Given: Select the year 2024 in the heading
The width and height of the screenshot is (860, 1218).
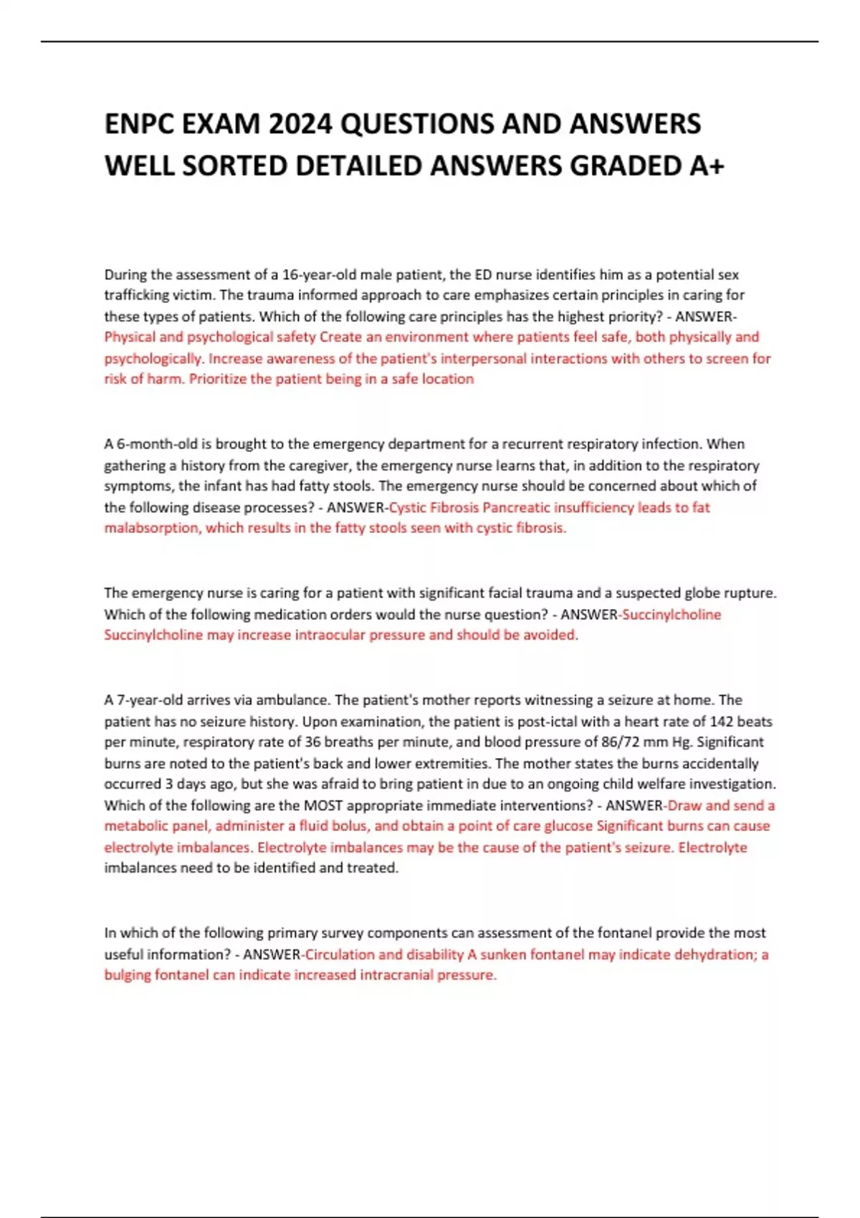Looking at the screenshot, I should [300, 124].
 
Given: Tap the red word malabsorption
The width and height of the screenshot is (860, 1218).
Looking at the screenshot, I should [151, 528].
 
